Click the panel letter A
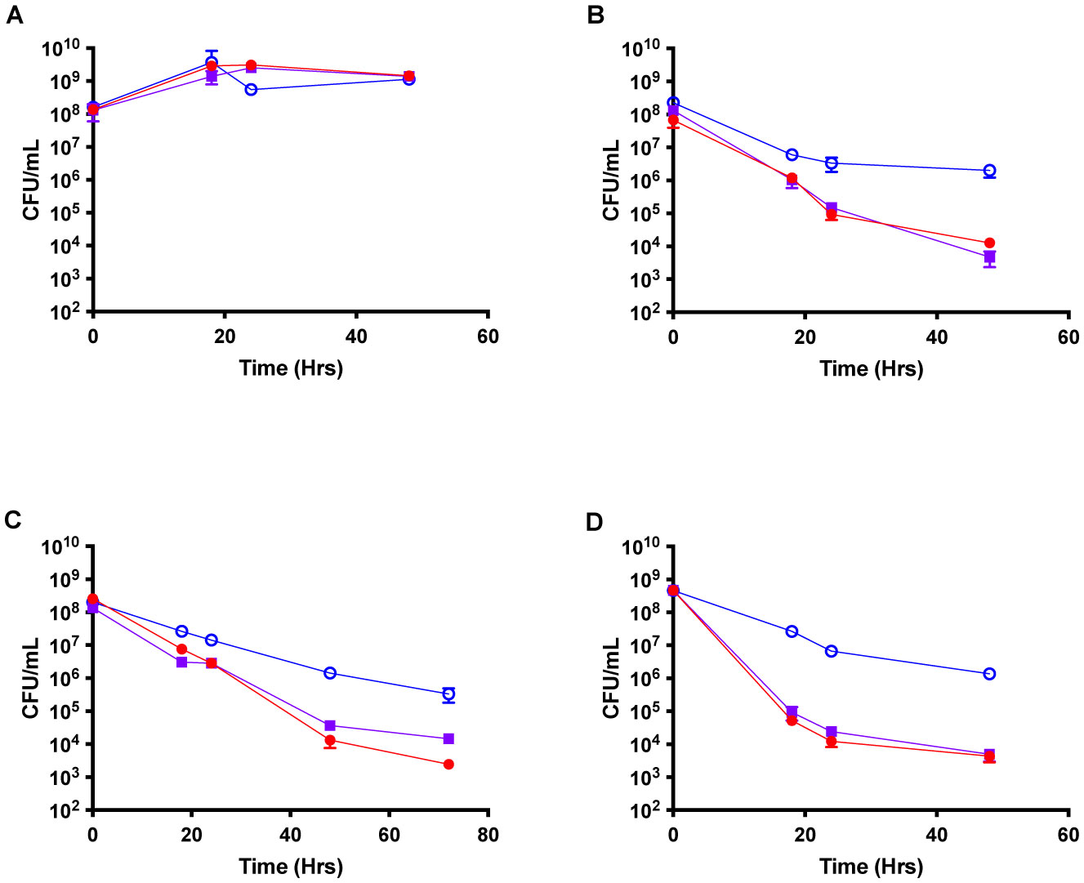tap(14, 16)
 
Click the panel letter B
tap(596, 16)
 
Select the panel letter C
tap(14, 520)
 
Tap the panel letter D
tap(596, 521)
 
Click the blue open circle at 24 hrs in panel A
tap(251, 89)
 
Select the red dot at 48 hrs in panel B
tap(989, 243)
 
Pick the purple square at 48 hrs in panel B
tap(989, 256)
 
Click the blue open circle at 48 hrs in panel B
tap(989, 171)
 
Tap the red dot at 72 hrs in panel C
tap(448, 765)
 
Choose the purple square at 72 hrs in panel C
tap(448, 738)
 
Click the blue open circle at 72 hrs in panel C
tap(448, 694)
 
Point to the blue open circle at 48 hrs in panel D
tap(989, 674)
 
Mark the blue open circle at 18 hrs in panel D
tap(792, 631)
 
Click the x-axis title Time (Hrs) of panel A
tap(291, 368)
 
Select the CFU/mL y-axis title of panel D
tap(611, 677)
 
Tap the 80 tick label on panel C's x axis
tap(488, 835)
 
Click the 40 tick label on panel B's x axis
tap(936, 337)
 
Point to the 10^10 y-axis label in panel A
tap(58, 49)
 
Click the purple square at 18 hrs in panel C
tap(181, 662)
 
